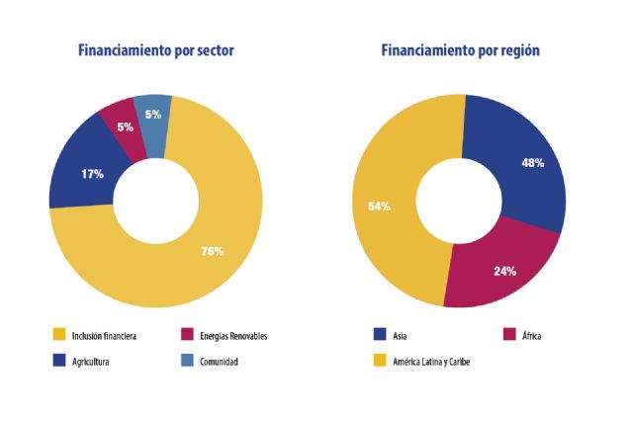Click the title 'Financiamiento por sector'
pyautogui.click(x=156, y=50)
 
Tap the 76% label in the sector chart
pyautogui.click(x=212, y=251)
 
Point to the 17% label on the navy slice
pyautogui.click(x=92, y=174)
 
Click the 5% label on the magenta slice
pyautogui.click(x=125, y=127)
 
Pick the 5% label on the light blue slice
pyautogui.click(x=153, y=115)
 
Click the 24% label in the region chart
pyautogui.click(x=504, y=270)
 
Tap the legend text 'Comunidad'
pyautogui.click(x=217, y=362)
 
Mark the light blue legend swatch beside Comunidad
pyautogui.click(x=188, y=362)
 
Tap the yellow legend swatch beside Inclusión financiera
pyautogui.click(x=59, y=336)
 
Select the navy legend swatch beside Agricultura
pyautogui.click(x=59, y=362)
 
